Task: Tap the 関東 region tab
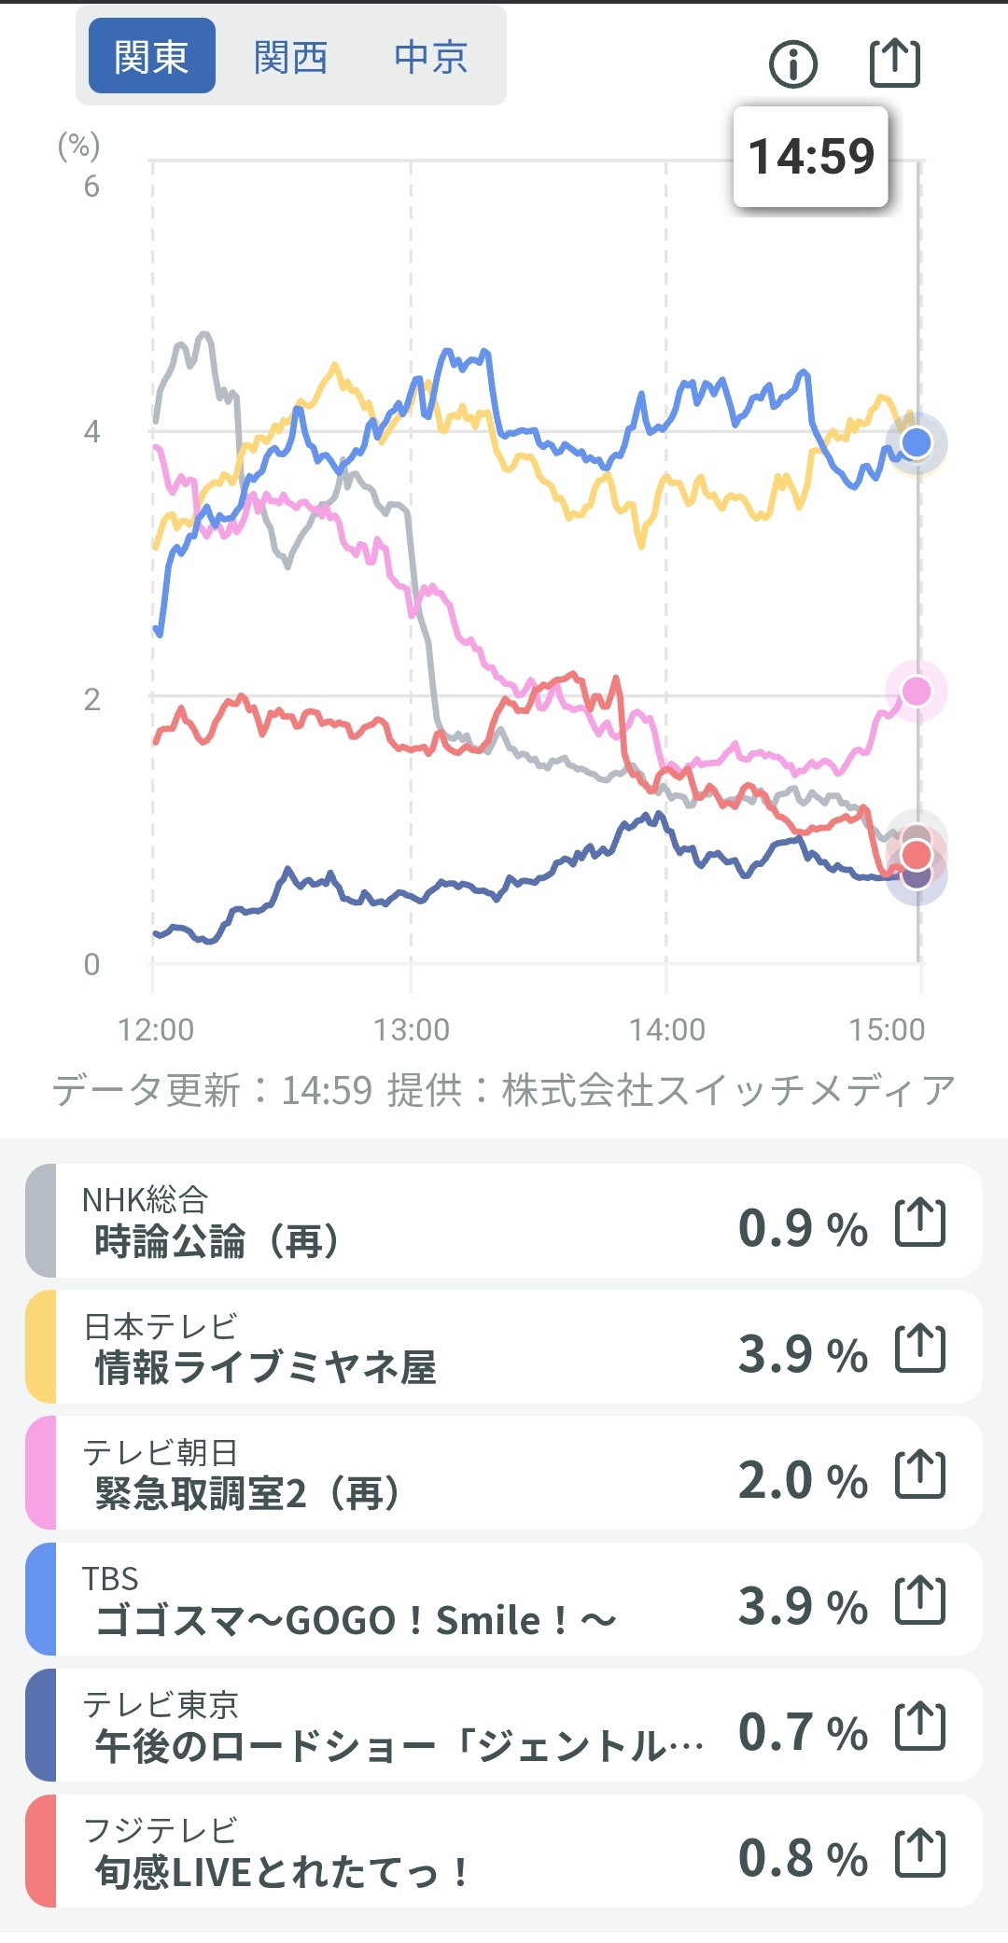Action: click(x=151, y=56)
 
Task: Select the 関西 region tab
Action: click(x=290, y=57)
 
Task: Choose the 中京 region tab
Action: click(x=430, y=57)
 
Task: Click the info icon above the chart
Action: click(x=793, y=64)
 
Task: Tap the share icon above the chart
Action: click(x=895, y=63)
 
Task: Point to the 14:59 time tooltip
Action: click(x=811, y=156)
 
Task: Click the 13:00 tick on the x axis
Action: click(x=411, y=1029)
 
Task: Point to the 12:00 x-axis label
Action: click(x=156, y=1029)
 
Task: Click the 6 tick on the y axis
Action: click(x=91, y=187)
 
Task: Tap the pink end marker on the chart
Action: click(x=917, y=691)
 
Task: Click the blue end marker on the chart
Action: click(x=917, y=441)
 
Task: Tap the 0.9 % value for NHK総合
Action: click(x=803, y=1227)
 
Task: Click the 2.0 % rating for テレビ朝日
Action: click(x=803, y=1480)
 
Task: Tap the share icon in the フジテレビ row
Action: click(x=920, y=1853)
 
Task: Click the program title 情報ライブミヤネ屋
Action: click(x=266, y=1368)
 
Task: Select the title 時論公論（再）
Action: click(x=217, y=1242)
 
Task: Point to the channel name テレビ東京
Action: click(x=161, y=1705)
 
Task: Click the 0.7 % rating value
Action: click(x=803, y=1732)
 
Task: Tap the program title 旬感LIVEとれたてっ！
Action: click(x=280, y=1872)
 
